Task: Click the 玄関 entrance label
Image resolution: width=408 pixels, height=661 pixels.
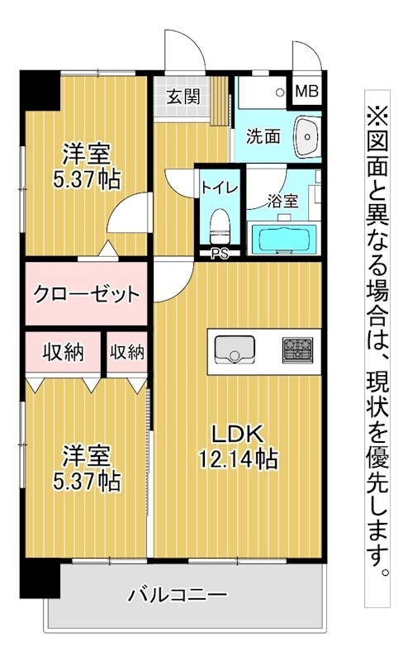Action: pos(183,96)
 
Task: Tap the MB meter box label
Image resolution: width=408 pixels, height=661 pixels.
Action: pos(306,92)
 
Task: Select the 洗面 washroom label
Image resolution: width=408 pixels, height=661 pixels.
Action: pos(263,136)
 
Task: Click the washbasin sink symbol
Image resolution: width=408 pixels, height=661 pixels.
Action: pos(307,136)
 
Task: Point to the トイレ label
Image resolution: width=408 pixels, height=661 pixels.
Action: pos(220,188)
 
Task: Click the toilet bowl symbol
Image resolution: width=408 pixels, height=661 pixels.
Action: pos(220,223)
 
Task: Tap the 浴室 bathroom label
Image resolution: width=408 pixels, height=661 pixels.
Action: pos(283,200)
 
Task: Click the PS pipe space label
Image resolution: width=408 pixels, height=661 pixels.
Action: pos(220,254)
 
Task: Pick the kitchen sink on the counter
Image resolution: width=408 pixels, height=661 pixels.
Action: pos(235,350)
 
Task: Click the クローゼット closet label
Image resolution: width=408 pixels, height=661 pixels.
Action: pos(86,294)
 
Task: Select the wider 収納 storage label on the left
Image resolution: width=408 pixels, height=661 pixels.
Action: pos(64,352)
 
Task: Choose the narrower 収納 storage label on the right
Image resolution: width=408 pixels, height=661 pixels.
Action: pos(127,352)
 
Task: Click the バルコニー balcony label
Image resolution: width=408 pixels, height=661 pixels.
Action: pos(177,595)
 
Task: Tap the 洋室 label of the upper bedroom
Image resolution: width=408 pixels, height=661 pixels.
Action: pos(87,154)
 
